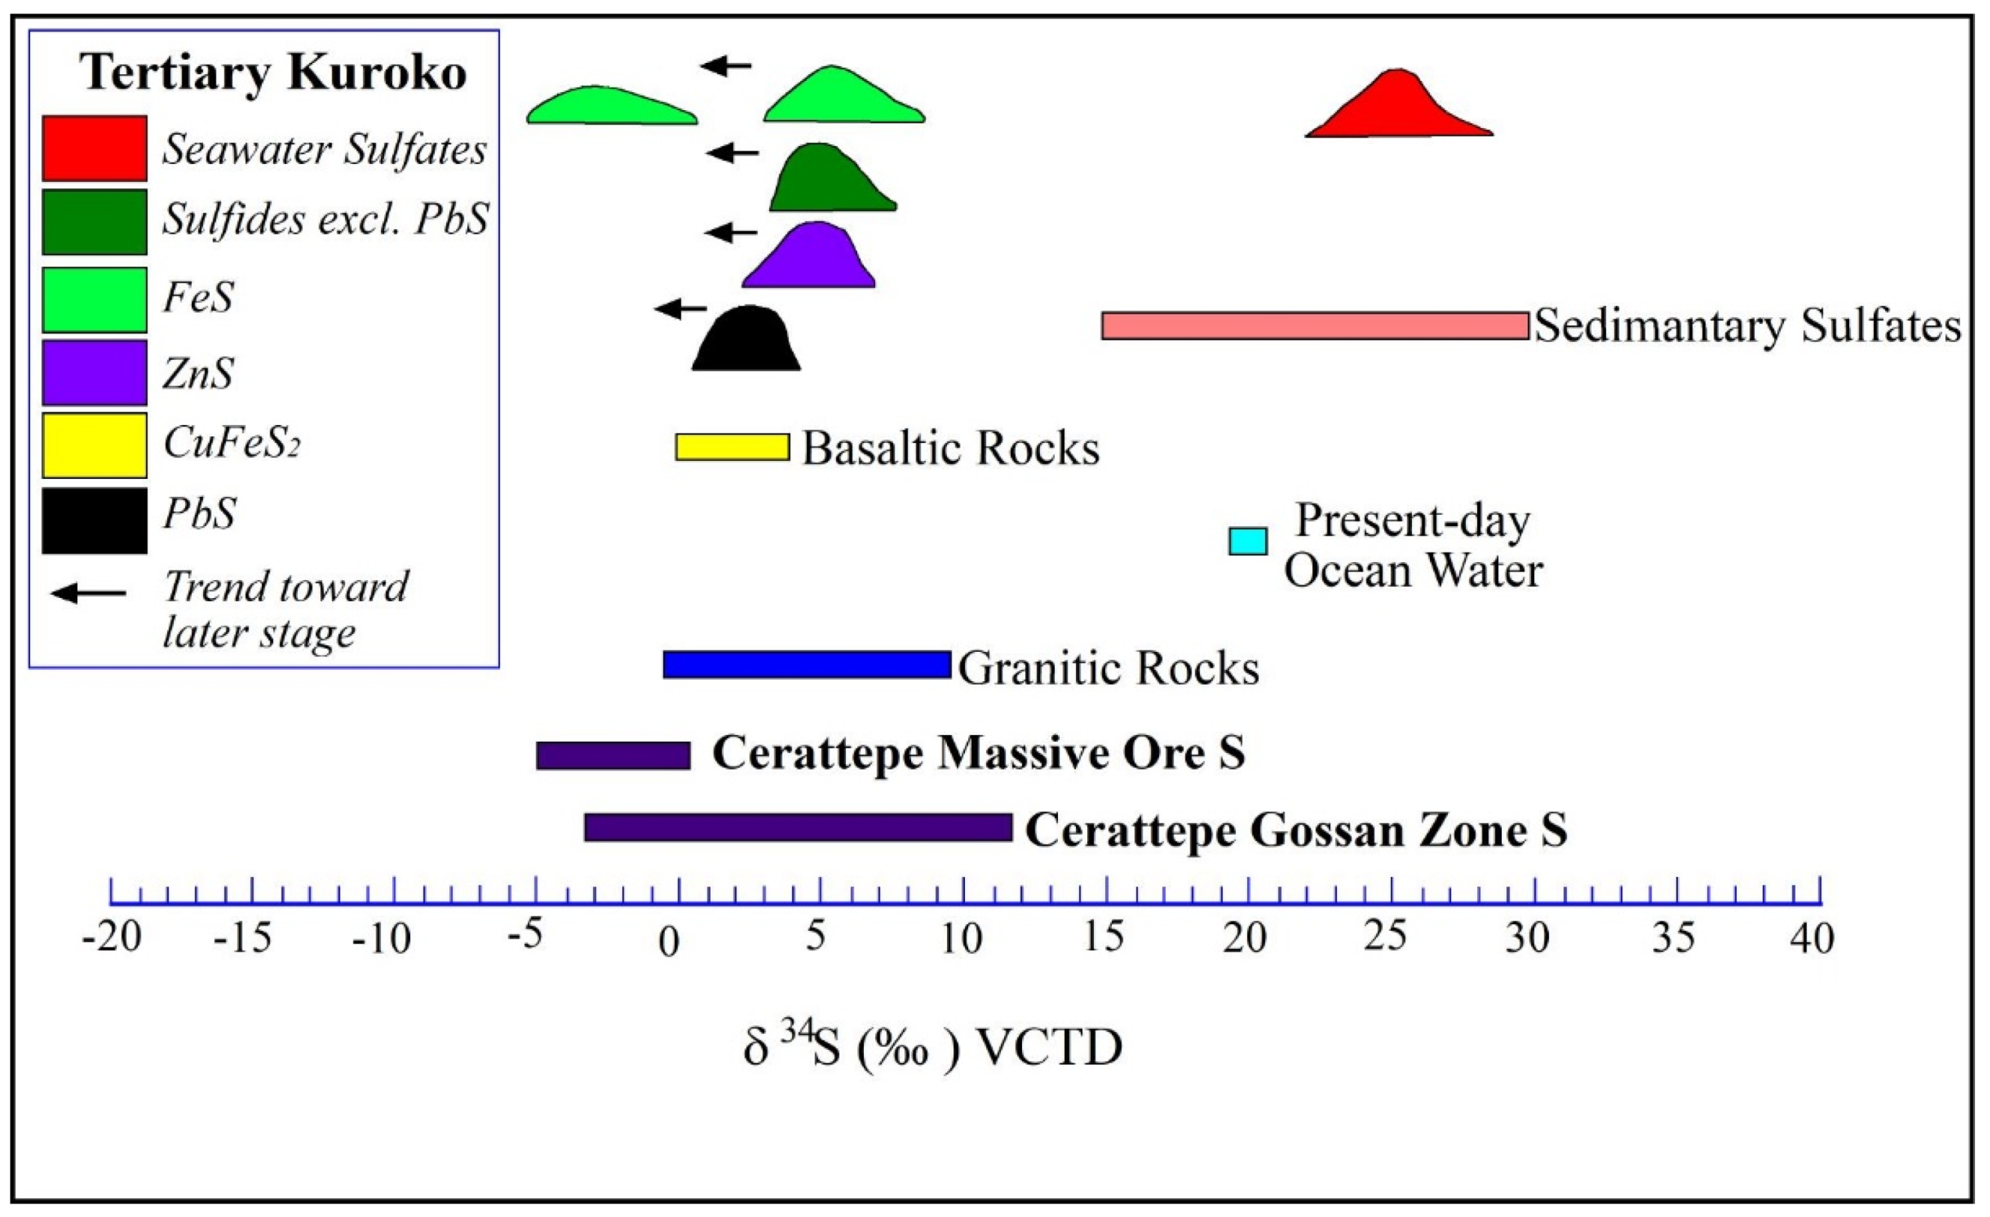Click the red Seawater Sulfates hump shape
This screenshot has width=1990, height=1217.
(1397, 109)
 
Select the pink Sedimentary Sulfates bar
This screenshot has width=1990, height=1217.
(1315, 326)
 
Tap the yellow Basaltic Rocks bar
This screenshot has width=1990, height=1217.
(731, 447)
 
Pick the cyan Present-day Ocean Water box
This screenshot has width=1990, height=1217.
(1247, 541)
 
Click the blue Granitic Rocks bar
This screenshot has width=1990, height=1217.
(806, 665)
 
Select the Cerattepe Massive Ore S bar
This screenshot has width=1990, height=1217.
(613, 755)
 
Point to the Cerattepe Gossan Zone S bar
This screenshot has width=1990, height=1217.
(797, 828)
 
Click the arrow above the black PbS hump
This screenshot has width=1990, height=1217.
(680, 308)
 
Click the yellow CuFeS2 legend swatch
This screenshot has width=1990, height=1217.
(94, 445)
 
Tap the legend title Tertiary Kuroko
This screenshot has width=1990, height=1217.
(273, 73)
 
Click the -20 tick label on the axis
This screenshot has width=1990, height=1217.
(112, 939)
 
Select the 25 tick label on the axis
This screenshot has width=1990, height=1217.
(1387, 937)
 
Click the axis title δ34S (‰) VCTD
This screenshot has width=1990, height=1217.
(933, 1047)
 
